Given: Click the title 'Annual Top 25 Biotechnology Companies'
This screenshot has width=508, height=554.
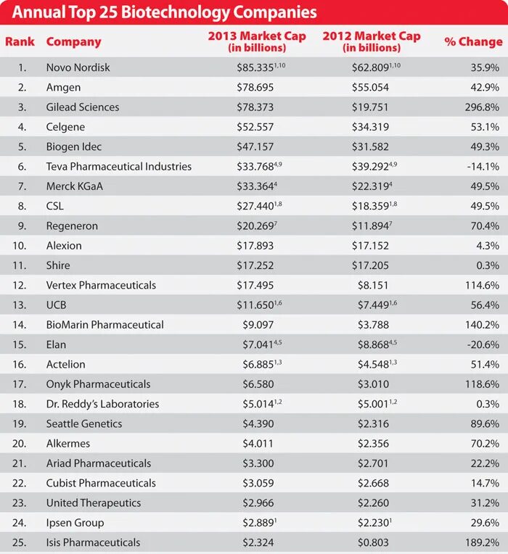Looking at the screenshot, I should [x=165, y=13].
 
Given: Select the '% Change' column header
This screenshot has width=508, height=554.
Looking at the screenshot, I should [x=473, y=42].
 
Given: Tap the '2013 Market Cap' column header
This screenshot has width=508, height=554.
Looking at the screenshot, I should [x=257, y=41].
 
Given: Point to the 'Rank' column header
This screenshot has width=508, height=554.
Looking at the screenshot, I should [x=20, y=42].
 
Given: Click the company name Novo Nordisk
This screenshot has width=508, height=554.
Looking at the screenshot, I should [x=78, y=67].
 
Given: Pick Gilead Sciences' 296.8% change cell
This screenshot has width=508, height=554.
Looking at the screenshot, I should [x=481, y=107].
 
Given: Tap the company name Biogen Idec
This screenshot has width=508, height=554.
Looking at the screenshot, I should [x=74, y=146].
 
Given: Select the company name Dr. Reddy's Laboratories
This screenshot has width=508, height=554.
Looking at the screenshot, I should [x=102, y=404].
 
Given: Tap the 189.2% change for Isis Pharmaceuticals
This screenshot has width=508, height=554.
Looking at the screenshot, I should [x=481, y=542].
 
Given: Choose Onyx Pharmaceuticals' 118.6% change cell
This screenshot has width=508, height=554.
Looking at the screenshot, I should [x=481, y=384].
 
